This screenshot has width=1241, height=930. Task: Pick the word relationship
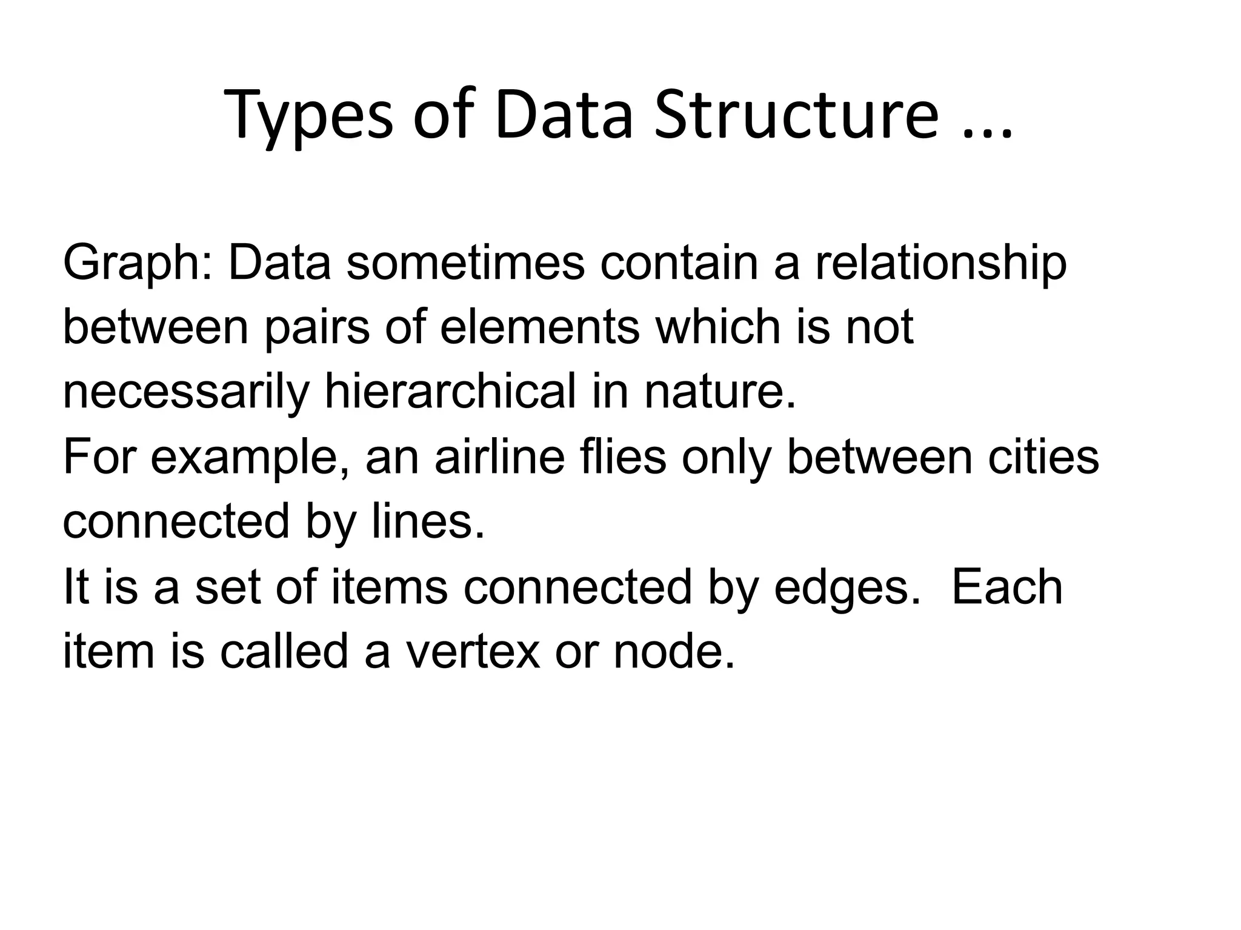(940, 264)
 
